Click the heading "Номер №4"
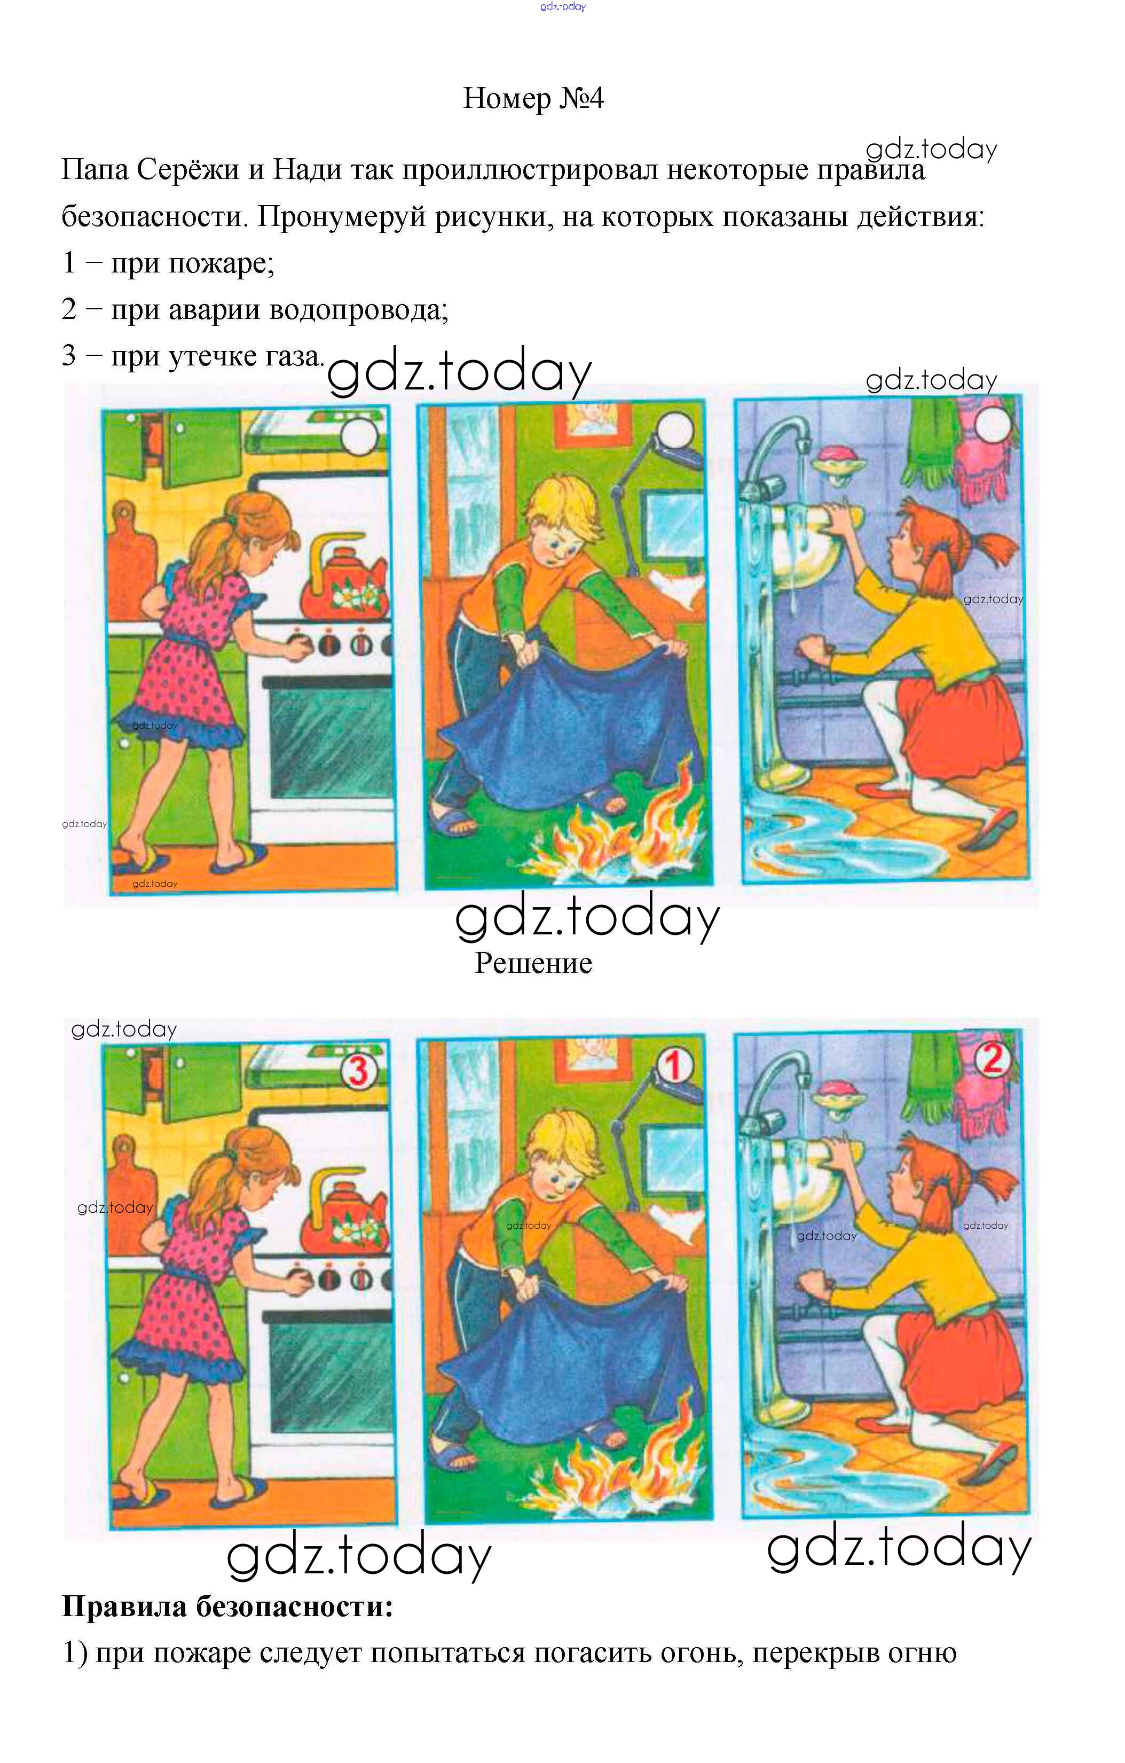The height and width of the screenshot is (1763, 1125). pos(533,98)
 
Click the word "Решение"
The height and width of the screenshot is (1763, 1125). pos(533,963)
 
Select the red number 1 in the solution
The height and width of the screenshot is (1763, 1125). pos(673,1065)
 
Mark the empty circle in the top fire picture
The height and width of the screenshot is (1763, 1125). pos(675,430)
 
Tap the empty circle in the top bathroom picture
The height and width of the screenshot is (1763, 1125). pos(993,425)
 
